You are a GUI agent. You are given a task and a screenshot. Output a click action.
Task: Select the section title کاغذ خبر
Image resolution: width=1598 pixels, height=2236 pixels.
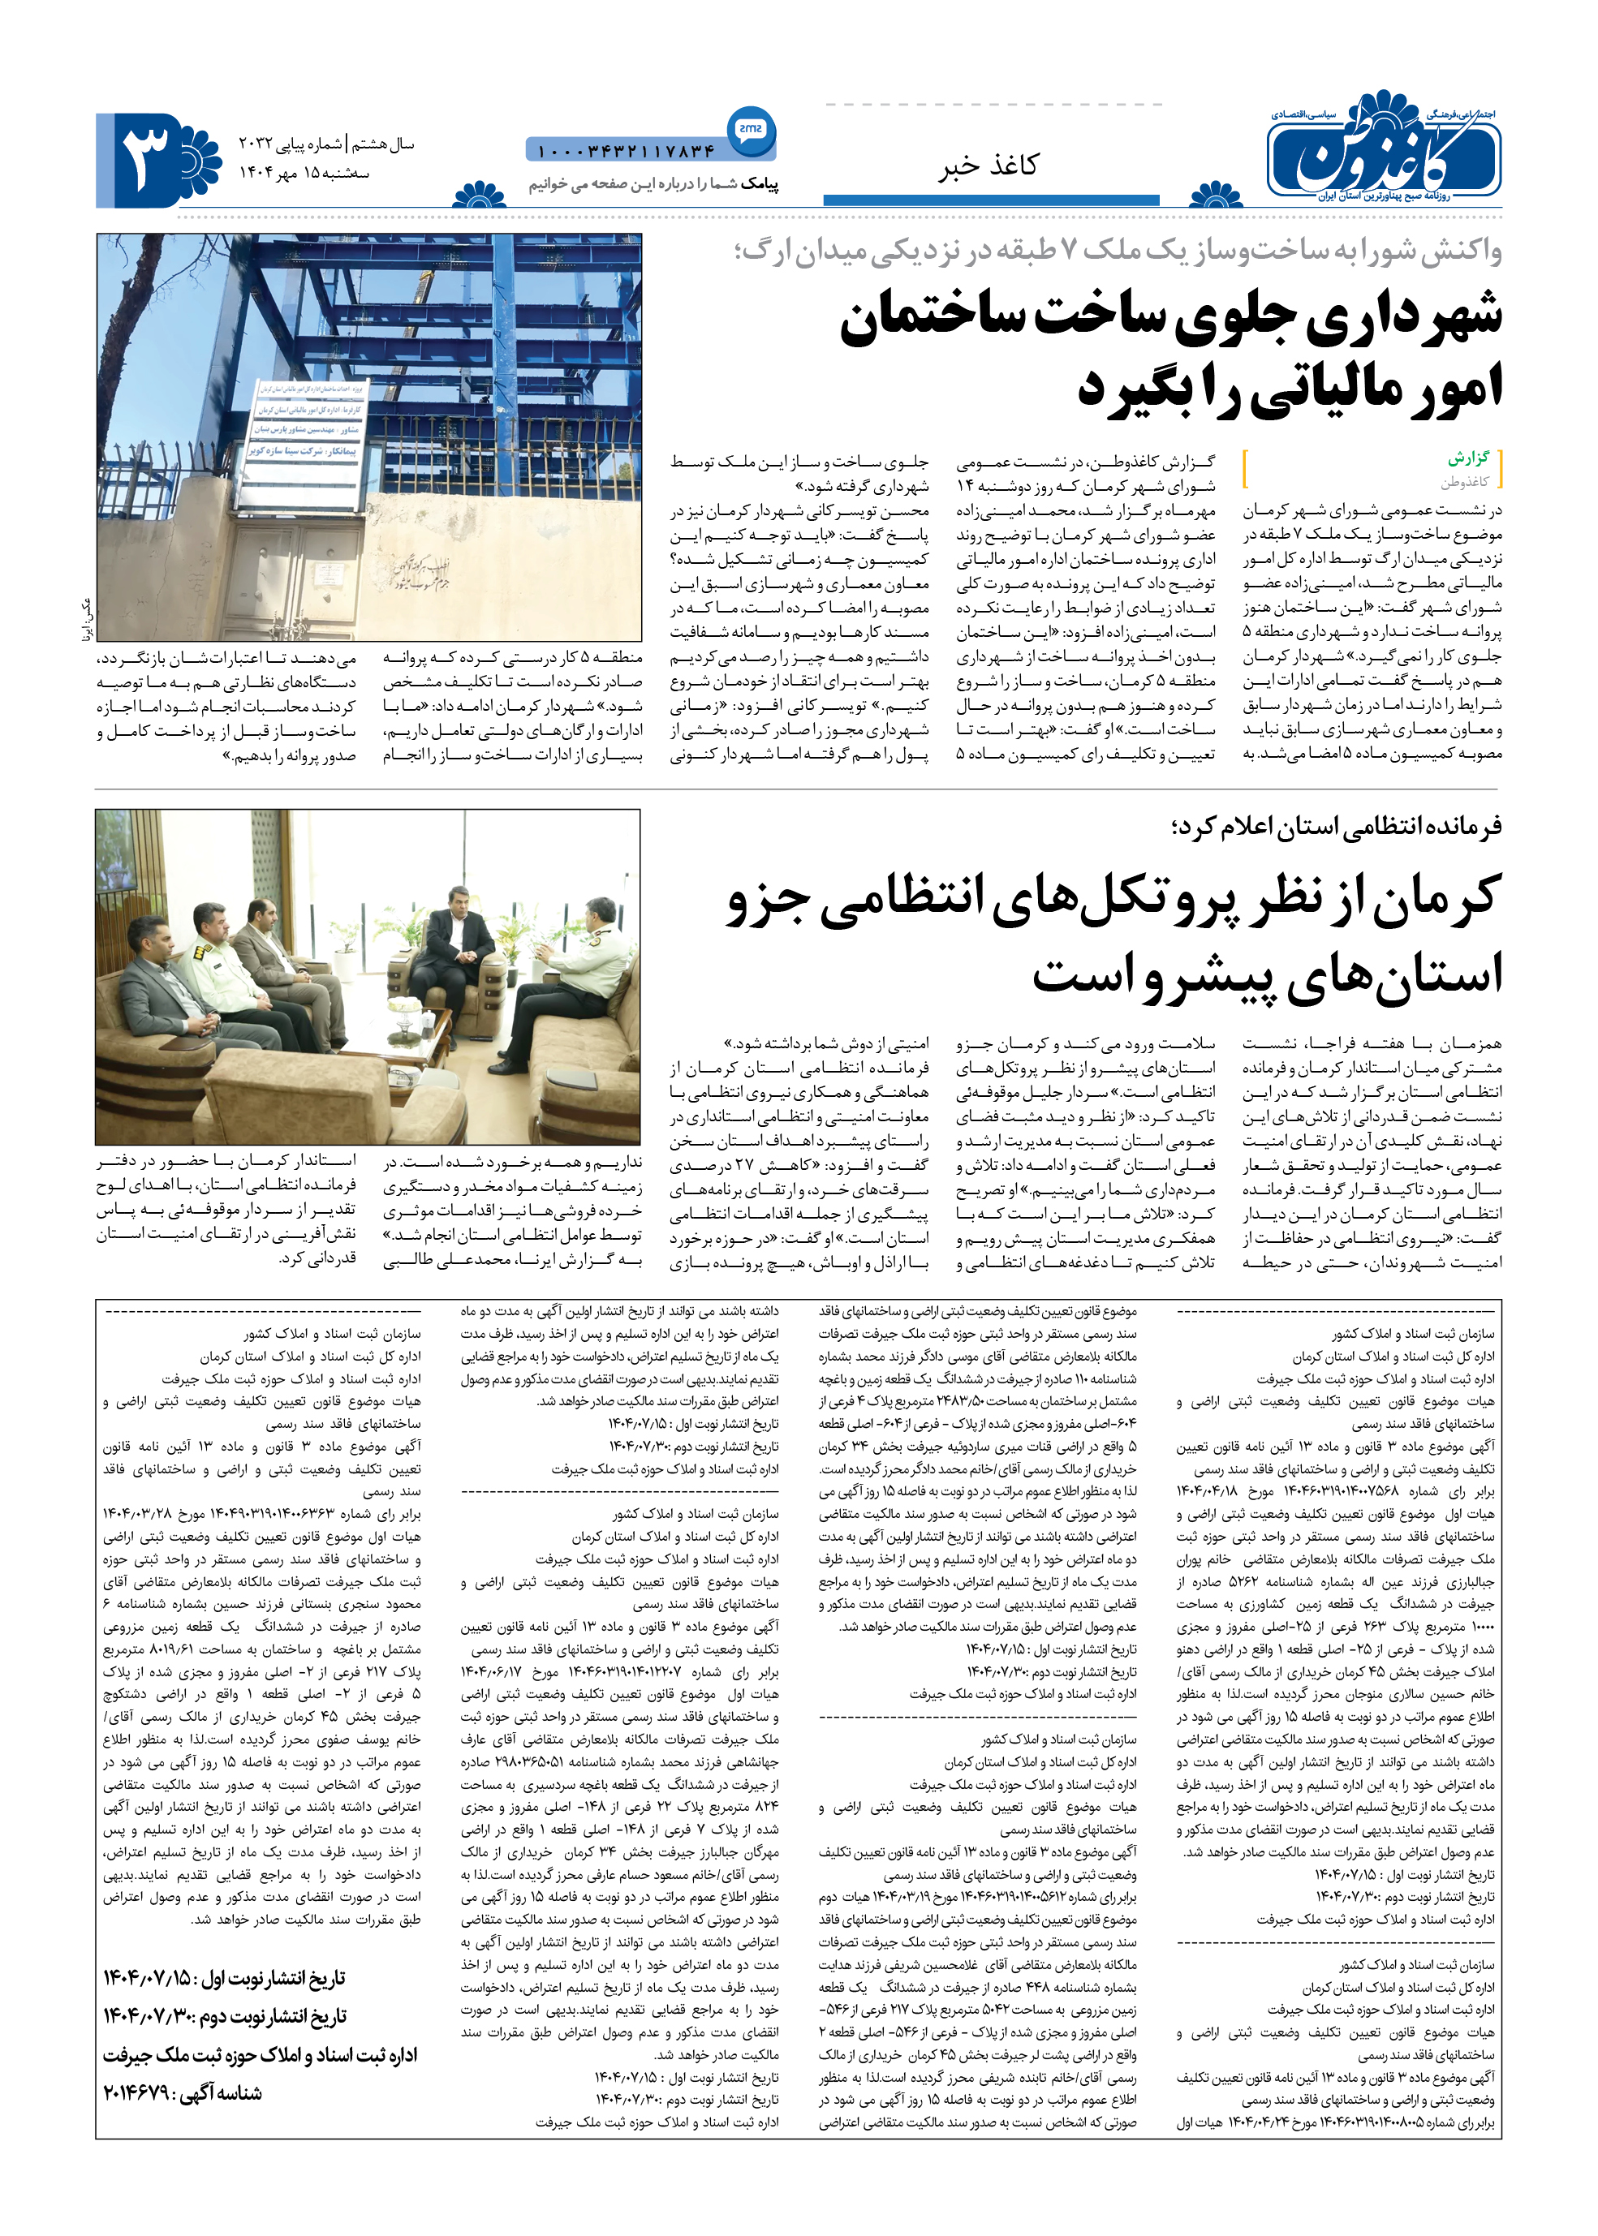coord(988,166)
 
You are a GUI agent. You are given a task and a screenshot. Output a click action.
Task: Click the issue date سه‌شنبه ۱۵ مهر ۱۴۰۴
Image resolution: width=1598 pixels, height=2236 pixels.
coord(305,173)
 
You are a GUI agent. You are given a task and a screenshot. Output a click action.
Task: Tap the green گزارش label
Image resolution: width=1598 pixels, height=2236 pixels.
coord(1468,458)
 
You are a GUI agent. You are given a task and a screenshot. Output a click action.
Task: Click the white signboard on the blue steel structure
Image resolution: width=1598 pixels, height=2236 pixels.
coord(306,420)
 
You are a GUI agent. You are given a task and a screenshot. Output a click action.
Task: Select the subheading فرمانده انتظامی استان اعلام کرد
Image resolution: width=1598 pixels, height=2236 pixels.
coord(1336,826)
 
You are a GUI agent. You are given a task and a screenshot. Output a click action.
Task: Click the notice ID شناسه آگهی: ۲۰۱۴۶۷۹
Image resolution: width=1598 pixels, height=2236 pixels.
coord(183,2093)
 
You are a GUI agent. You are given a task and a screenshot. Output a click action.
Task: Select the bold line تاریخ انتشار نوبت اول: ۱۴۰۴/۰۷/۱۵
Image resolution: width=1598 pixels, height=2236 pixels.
coord(224,1977)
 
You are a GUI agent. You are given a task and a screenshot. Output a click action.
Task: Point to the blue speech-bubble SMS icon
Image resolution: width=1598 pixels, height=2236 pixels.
coord(751,129)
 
